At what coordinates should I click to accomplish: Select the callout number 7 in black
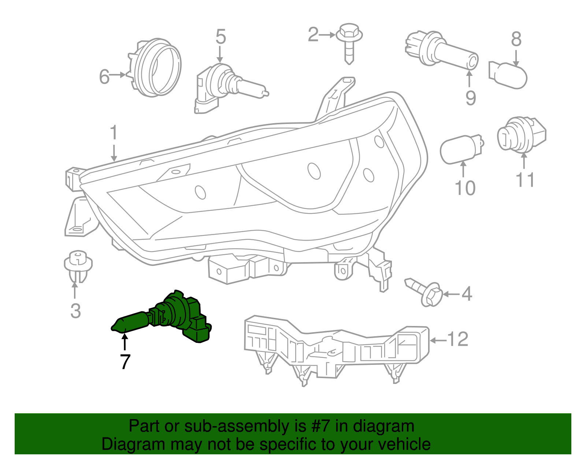click(125, 362)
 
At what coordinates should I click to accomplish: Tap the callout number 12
click(457, 339)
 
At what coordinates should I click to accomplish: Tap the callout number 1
click(114, 133)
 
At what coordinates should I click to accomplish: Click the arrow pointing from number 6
click(118, 75)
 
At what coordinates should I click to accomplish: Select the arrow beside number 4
click(450, 294)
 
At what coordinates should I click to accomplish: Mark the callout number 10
click(465, 188)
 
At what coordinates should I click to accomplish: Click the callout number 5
click(220, 37)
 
